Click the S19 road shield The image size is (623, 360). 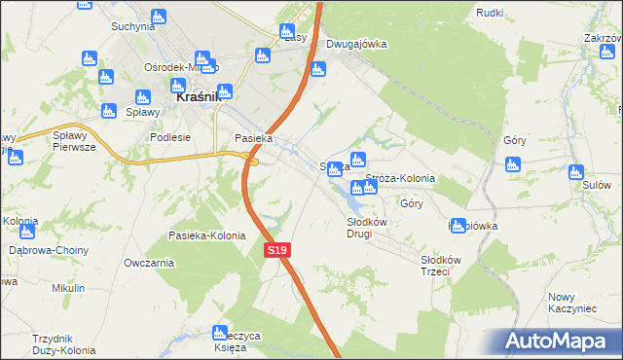(x=277, y=251)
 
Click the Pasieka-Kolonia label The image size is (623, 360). (x=206, y=236)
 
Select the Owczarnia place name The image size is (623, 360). (x=149, y=262)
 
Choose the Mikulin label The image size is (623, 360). (x=69, y=288)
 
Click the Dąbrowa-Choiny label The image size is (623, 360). (x=48, y=250)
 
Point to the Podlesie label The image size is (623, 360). (x=170, y=138)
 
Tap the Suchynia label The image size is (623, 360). (x=133, y=26)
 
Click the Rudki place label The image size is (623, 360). (x=490, y=12)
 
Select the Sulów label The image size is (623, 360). (x=596, y=184)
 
